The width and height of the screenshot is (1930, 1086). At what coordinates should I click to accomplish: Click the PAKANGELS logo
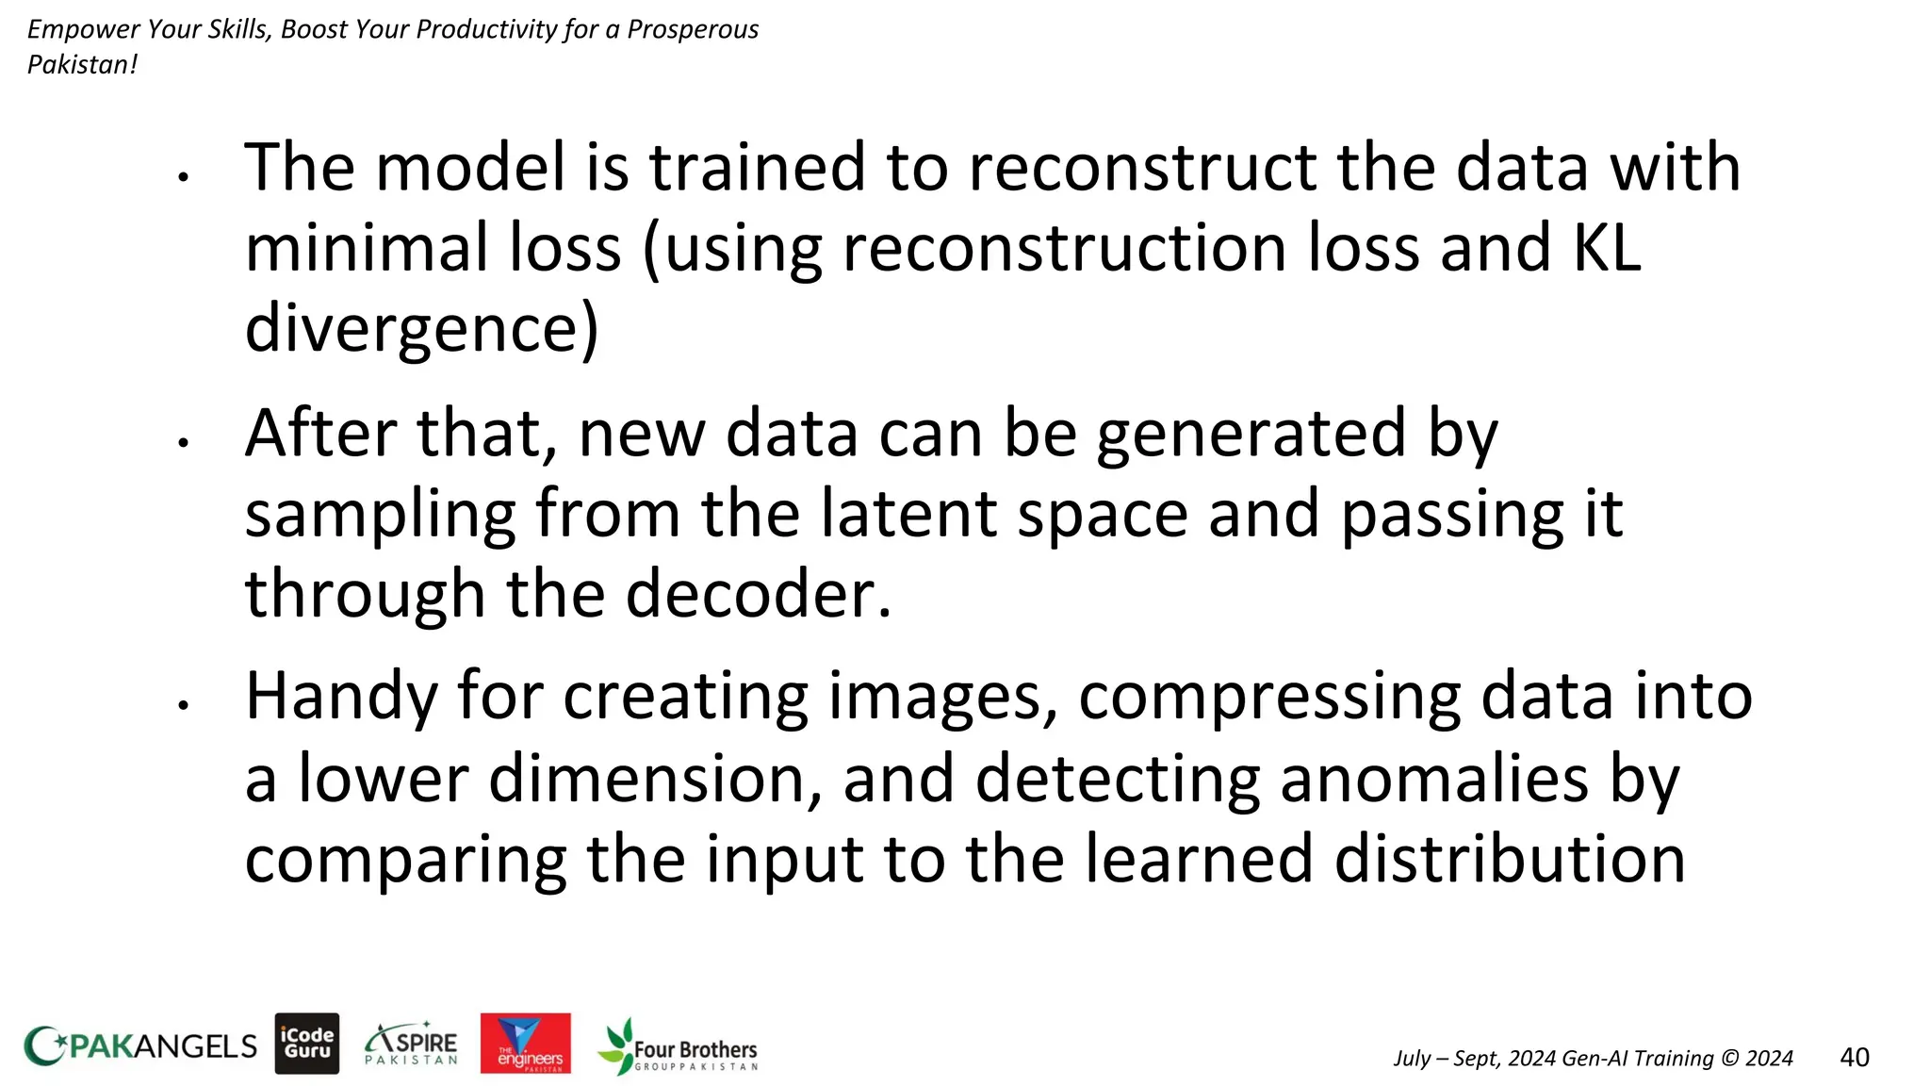[139, 1045]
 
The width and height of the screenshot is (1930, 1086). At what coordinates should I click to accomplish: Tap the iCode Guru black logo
[307, 1044]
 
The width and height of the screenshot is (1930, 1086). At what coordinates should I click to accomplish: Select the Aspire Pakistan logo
[411, 1044]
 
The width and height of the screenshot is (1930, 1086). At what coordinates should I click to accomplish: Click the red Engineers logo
[525, 1044]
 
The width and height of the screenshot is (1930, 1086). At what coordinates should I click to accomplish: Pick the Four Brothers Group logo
[678, 1046]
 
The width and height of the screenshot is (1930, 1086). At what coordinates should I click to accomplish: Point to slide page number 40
[1854, 1057]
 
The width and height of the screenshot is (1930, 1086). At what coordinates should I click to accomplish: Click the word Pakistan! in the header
[82, 65]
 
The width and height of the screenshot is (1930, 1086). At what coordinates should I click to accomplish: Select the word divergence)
[421, 329]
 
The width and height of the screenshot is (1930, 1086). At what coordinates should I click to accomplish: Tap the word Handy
[341, 698]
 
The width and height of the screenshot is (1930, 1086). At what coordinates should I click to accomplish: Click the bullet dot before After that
[184, 441]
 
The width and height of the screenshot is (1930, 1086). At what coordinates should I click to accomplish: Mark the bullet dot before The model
[184, 175]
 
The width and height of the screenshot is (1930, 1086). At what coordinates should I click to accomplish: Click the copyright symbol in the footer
[1729, 1058]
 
